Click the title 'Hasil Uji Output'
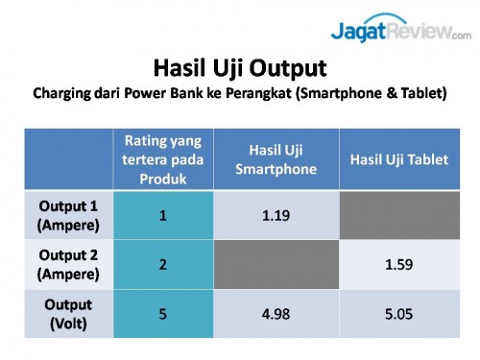240,68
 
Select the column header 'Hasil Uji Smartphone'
276,159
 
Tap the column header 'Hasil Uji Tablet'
399,159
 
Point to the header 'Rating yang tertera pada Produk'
163,159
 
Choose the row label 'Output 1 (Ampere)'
69,214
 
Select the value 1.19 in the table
276,215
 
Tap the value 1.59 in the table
399,263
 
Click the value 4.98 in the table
276,312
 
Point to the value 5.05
399,312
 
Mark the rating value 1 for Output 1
163,215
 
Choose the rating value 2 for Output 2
163,263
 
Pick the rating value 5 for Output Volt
163,312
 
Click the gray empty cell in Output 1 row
399,214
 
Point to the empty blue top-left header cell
69,159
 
